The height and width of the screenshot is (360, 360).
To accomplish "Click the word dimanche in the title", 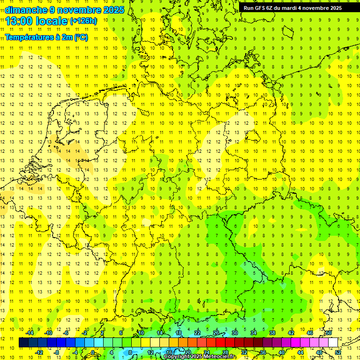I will pos(26,10).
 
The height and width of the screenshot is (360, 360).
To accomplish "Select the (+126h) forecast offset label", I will pos(83,21).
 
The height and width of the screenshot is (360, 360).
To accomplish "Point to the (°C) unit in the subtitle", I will pos(81,37).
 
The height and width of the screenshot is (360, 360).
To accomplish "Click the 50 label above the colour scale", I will pos(329,333).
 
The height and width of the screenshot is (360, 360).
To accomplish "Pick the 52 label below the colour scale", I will pos(338,352).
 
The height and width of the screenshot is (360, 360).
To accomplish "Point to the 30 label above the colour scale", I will pos(234,333).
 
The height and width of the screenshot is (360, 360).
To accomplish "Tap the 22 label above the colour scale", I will pos(197,333).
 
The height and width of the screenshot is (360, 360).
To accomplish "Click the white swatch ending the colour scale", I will pos(333,343).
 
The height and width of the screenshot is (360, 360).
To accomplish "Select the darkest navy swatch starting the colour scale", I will pos(23,343).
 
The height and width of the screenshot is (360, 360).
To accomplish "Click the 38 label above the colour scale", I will pos(272,333).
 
